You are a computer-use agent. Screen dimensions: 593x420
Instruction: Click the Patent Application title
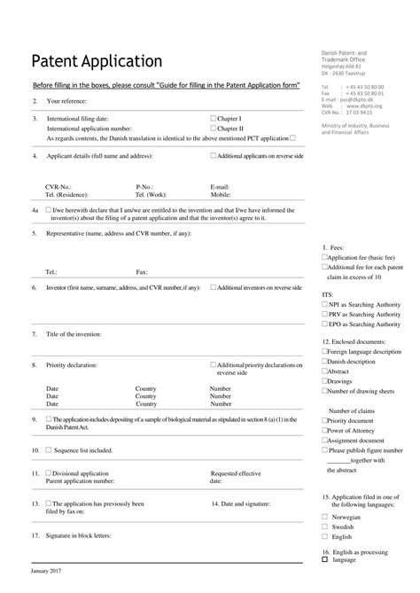[x=97, y=61]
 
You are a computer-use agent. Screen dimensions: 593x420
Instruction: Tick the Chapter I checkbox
[x=214, y=118]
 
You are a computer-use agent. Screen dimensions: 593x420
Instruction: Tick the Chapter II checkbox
[x=214, y=129]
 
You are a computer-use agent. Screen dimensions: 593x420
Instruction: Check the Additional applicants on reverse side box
[x=214, y=155]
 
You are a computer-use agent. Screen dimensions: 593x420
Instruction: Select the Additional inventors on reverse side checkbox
[x=214, y=287]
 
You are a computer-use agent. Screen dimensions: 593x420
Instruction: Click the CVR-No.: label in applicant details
[x=58, y=187]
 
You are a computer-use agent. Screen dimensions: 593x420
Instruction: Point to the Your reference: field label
[x=69, y=102]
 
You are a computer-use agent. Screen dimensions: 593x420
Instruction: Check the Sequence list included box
[x=49, y=450]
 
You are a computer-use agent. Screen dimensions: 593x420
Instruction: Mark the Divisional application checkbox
[x=49, y=473]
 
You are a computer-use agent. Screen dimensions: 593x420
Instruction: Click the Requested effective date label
[x=235, y=477]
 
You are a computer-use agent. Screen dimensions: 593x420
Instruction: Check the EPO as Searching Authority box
[x=324, y=324]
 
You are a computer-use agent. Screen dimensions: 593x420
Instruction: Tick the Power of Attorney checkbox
[x=324, y=430]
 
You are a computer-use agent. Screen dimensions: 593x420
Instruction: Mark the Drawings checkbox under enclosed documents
[x=324, y=381]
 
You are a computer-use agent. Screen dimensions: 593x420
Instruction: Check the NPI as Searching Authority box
[x=324, y=303]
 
